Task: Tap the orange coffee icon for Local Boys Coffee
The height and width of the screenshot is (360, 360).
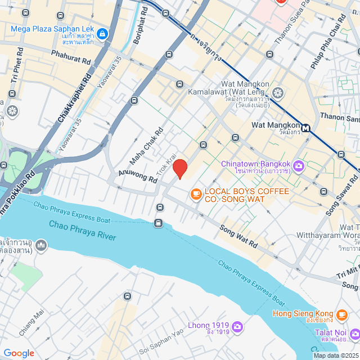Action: [x=196, y=195]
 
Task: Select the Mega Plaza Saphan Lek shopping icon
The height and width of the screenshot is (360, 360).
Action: [x=102, y=34]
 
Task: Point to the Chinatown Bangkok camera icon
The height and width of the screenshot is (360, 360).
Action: [x=299, y=166]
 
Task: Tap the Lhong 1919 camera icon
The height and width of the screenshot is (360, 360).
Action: [x=237, y=326]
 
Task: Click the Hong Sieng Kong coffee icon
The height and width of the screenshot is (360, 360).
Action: [x=342, y=314]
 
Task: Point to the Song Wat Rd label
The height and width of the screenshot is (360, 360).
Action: [x=238, y=237]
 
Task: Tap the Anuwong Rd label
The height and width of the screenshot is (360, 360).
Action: [x=137, y=177]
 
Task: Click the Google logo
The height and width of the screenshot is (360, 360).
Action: [x=19, y=353]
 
